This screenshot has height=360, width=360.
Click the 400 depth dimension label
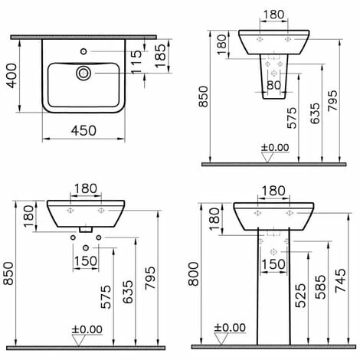coord(11,76)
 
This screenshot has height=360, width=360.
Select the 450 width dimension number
coord(83,131)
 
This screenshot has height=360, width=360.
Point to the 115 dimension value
coord(136,62)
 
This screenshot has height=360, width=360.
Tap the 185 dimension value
coord(160,56)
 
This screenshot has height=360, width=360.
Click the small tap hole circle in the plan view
coord(83,51)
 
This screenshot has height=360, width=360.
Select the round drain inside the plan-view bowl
coord(83,74)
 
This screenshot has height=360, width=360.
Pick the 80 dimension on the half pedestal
coord(273,85)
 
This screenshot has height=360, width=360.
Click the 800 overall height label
coord(193,273)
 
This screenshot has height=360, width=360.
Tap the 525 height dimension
coord(300,296)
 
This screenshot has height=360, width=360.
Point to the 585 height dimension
coord(320,287)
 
